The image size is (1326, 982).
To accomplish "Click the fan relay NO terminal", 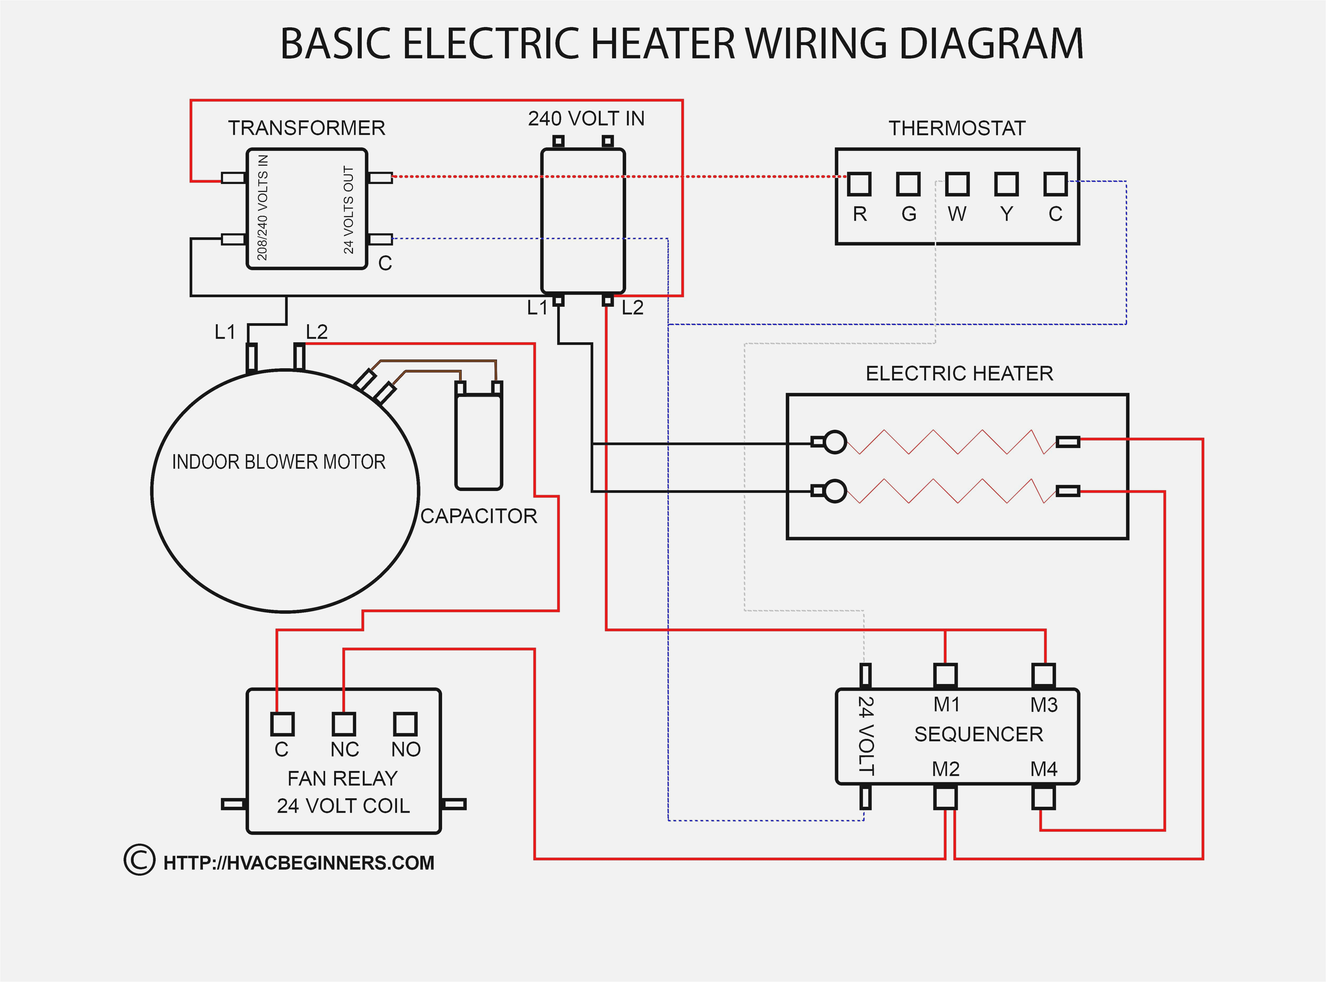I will [x=405, y=724].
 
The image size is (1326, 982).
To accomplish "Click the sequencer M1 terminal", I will [x=945, y=675].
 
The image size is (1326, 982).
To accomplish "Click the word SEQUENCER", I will [x=978, y=734].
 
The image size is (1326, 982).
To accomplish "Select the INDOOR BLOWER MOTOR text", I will [x=279, y=462].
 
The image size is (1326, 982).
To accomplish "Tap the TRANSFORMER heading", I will [x=307, y=128].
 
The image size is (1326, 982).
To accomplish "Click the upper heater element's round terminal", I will [x=835, y=442].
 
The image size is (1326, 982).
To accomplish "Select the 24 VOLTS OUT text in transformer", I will [x=349, y=210].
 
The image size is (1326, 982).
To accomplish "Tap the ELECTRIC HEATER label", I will [x=959, y=373].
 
